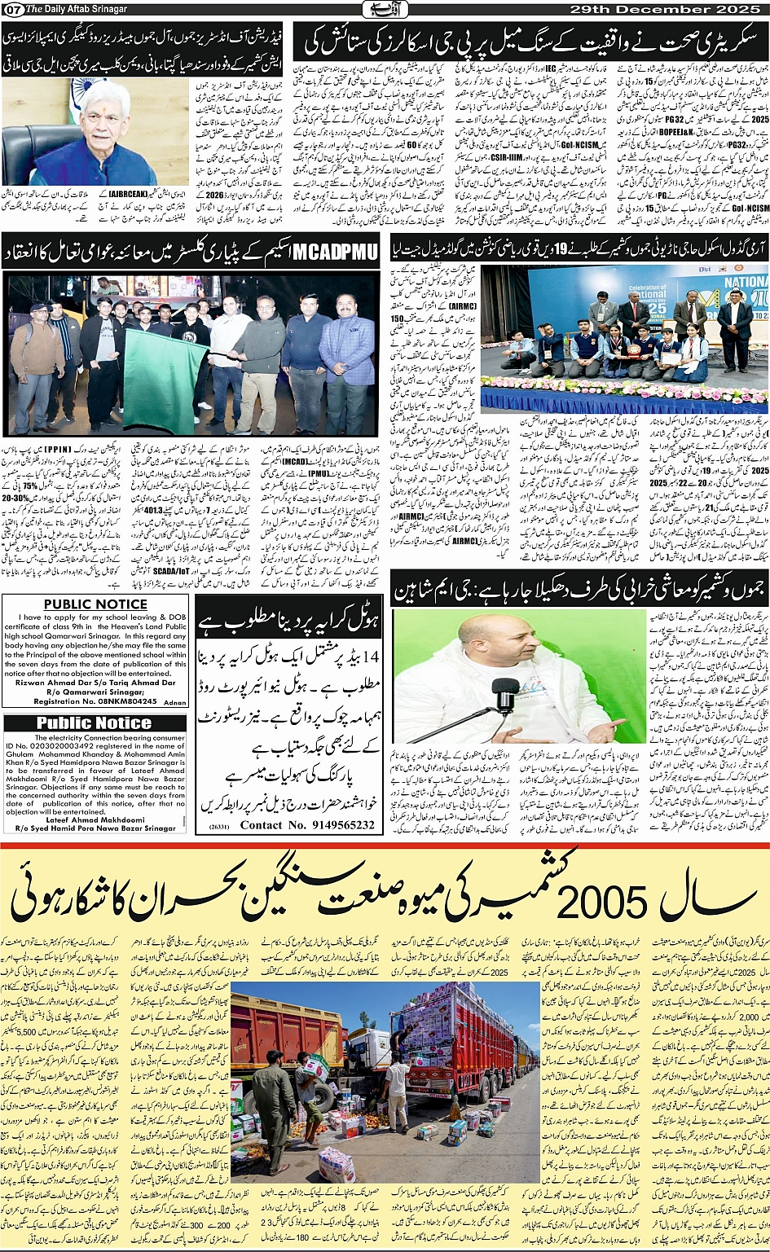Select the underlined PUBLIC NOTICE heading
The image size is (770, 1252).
95,604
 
